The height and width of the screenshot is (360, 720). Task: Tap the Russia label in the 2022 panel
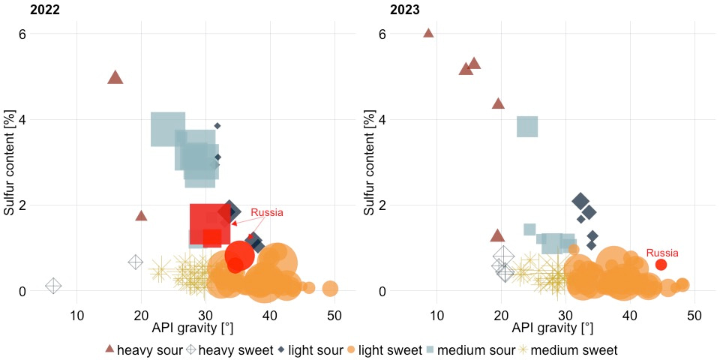(267, 213)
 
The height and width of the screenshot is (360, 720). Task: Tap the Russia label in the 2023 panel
(661, 253)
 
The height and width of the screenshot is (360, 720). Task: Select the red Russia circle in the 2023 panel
(661, 265)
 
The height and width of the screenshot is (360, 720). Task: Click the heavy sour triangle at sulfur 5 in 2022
(115, 77)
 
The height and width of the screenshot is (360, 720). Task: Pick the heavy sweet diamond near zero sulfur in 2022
(53, 286)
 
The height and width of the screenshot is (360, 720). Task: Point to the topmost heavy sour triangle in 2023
(428, 33)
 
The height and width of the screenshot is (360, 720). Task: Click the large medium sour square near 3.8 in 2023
(527, 127)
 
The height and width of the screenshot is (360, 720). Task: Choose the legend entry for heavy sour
(142, 349)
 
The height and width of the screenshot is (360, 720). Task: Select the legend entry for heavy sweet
(228, 349)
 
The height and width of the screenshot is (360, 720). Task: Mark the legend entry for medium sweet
(574, 349)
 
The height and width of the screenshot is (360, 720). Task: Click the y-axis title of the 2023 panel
(370, 161)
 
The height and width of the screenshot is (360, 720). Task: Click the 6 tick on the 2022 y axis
(23, 34)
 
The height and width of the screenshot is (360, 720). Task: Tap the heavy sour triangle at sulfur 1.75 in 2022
(141, 216)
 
